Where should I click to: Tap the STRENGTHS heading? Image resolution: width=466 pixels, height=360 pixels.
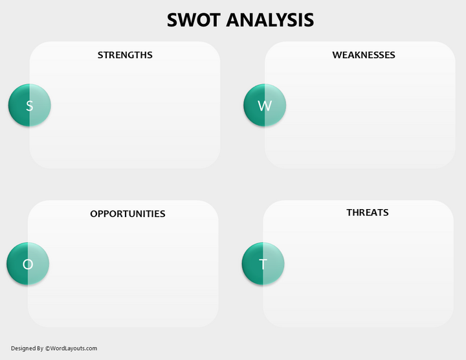click(125, 55)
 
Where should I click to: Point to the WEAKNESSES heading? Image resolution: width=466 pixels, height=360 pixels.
click(363, 55)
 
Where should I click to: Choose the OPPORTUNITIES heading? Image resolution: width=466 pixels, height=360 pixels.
click(128, 214)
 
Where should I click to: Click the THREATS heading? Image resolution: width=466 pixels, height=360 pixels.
click(367, 212)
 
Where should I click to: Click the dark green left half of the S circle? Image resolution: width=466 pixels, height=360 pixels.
click(18, 106)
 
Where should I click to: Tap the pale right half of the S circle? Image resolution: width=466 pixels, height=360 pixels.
click(40, 106)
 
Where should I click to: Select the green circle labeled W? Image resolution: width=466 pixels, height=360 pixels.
click(264, 106)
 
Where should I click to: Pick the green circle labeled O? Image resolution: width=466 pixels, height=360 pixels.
click(28, 264)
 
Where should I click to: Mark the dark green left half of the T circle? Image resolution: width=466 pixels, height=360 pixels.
click(252, 264)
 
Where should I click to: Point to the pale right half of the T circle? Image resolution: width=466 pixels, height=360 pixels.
click(274, 264)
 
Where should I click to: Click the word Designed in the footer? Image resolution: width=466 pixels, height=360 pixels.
click(23, 348)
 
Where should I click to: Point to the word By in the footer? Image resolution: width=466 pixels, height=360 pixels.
click(39, 348)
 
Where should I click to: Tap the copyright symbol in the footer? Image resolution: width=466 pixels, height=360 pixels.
click(47, 348)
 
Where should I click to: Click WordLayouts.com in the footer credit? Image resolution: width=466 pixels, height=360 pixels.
click(73, 348)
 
